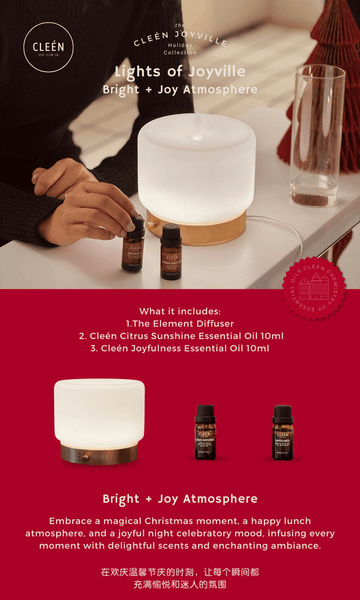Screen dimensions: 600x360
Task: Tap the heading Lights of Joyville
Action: click(179, 72)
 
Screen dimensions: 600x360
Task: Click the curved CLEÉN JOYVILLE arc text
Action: click(180, 41)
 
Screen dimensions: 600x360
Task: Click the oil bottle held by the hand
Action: click(133, 245)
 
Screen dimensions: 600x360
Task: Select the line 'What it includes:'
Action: click(179, 310)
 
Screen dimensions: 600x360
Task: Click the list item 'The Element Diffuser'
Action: click(180, 323)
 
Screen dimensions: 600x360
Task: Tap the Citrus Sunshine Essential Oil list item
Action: click(180, 336)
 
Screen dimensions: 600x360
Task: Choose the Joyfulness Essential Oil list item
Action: click(180, 349)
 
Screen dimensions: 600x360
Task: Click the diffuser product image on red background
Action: click(99, 419)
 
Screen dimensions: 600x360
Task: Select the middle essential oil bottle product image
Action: click(205, 431)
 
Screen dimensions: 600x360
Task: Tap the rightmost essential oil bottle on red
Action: click(282, 431)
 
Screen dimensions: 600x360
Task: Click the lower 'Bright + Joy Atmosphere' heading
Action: click(180, 498)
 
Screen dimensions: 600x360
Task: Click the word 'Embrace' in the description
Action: click(69, 521)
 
